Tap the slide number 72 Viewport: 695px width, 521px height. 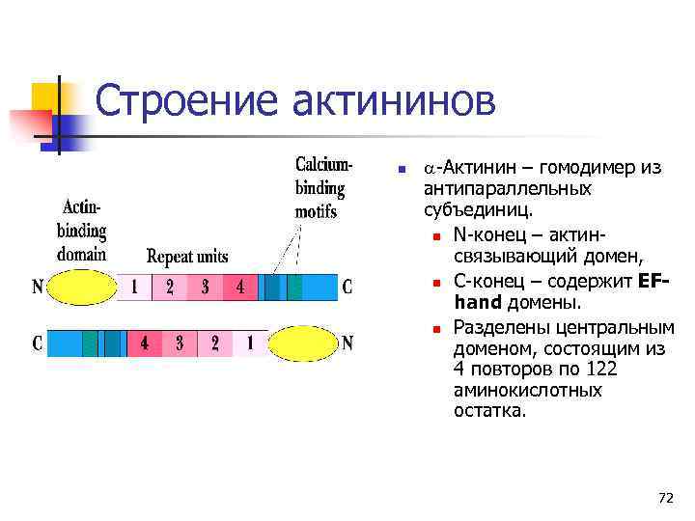click(665, 498)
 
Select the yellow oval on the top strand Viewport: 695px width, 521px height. click(81, 288)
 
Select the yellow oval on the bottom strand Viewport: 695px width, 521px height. click(301, 343)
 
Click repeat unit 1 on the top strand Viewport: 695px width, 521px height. click(135, 288)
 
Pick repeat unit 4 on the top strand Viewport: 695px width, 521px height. click(239, 288)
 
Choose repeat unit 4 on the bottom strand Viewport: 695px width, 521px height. click(145, 343)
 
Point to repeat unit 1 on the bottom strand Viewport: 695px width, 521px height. click(250, 343)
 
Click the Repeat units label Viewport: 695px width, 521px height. click(187, 257)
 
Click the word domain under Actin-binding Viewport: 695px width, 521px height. click(82, 255)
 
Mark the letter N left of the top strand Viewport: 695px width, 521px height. click(38, 287)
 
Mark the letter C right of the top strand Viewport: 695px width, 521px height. click(347, 287)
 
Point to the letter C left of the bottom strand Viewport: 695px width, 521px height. click(38, 343)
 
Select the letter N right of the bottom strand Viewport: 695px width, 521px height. click(348, 343)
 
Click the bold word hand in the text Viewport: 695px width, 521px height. click(477, 303)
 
